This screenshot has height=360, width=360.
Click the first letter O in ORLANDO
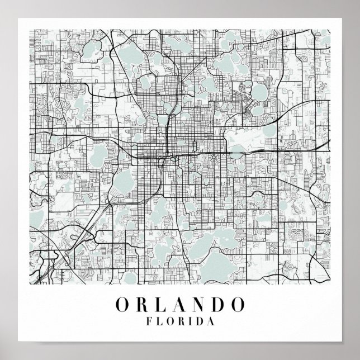[122, 305]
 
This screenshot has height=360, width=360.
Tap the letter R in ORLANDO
[143, 305]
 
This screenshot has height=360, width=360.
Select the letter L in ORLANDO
[161, 305]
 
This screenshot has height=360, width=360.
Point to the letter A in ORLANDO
[179, 305]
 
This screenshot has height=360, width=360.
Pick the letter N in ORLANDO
[198, 305]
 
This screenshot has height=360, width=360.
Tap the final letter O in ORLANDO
[238, 305]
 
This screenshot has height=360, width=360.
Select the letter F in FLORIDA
[148, 323]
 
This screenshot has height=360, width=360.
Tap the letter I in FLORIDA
[190, 323]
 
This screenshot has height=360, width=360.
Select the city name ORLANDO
[180, 305]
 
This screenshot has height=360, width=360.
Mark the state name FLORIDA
[179, 323]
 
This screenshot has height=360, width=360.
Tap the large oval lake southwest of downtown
[124, 184]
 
